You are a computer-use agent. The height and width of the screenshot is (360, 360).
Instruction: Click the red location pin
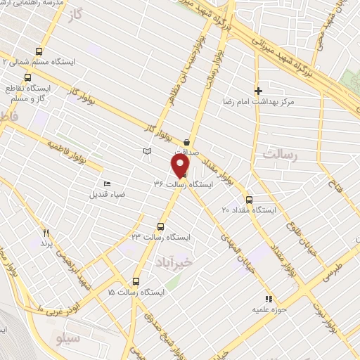pyautogui.click(x=180, y=165)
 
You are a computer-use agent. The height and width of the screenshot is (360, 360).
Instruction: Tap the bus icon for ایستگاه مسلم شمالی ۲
pyautogui.click(x=39, y=51)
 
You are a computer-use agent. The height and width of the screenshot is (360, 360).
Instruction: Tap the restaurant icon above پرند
pyautogui.click(x=46, y=232)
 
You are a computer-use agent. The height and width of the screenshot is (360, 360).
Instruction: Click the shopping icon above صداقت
pyautogui.click(x=186, y=139)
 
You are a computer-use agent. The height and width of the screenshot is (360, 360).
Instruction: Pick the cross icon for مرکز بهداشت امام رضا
pyautogui.click(x=258, y=91)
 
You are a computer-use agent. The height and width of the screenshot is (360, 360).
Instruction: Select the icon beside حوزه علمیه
pyautogui.click(x=267, y=298)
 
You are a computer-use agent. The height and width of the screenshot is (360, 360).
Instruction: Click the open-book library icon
pyautogui.click(x=146, y=151)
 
